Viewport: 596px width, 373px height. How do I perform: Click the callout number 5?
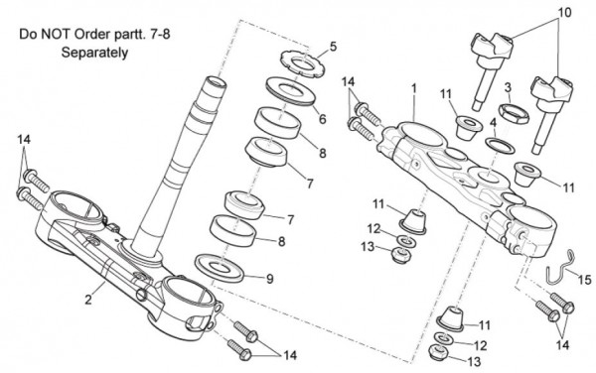(333, 47)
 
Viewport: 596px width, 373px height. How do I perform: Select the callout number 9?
(269, 279)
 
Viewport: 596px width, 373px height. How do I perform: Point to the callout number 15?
(585, 280)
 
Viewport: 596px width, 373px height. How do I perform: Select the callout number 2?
(88, 300)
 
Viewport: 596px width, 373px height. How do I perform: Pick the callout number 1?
(414, 88)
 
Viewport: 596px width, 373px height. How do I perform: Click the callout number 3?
(508, 88)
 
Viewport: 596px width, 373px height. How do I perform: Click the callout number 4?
(493, 123)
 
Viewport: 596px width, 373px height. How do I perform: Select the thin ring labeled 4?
(501, 146)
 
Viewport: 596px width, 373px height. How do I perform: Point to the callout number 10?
(564, 13)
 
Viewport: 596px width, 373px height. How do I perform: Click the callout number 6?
(322, 119)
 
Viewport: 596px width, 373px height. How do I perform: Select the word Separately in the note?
(94, 53)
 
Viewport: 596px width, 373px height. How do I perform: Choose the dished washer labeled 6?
(290, 91)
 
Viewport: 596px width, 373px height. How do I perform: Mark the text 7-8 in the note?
(159, 34)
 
